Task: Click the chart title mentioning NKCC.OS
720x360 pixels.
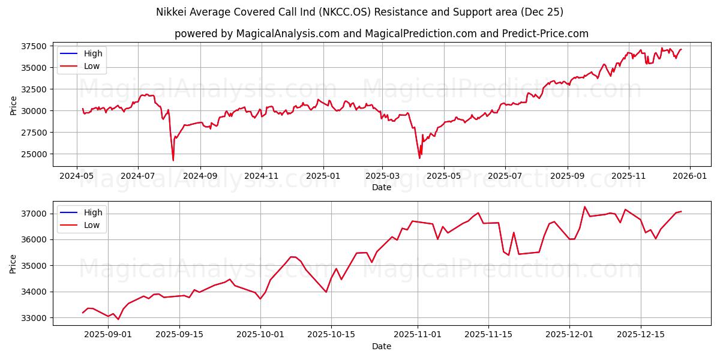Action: click(359, 12)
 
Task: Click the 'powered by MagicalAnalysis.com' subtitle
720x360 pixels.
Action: click(381, 34)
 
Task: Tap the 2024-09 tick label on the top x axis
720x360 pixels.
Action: click(200, 177)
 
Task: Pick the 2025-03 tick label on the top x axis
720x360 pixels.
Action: click(382, 177)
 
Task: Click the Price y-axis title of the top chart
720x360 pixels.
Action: click(14, 105)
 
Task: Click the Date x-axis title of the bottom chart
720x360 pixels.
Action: click(381, 346)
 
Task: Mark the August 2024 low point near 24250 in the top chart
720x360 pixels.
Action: click(173, 160)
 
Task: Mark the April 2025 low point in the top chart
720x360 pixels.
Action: click(419, 158)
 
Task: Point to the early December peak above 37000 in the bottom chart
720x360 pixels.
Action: click(584, 207)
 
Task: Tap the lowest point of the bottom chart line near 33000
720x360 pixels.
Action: click(118, 319)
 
